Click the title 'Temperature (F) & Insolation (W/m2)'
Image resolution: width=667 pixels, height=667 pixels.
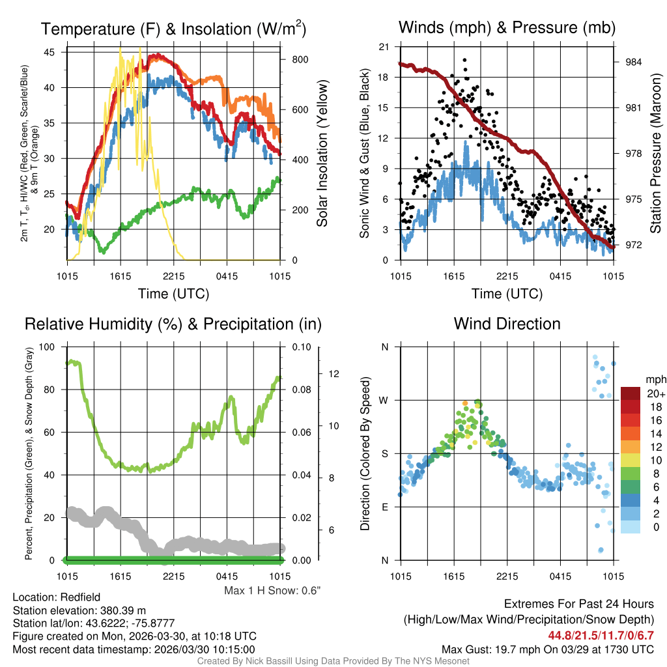[173, 29]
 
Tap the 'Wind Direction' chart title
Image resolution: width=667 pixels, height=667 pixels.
[507, 324]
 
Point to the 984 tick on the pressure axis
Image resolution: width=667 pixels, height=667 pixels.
[633, 62]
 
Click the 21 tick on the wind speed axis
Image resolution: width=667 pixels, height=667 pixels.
[384, 47]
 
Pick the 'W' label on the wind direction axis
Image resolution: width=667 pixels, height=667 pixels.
[384, 400]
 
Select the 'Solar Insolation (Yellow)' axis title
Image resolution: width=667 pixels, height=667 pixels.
[322, 153]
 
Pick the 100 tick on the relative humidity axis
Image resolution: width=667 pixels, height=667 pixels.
[50, 347]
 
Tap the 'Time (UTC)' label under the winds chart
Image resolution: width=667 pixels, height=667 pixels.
[507, 294]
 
